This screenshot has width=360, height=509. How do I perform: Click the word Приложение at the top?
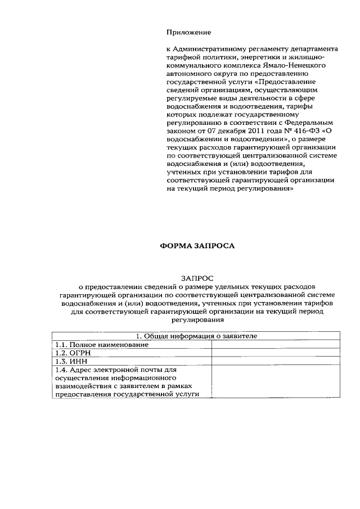point(188,32)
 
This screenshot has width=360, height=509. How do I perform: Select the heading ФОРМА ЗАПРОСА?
point(196,246)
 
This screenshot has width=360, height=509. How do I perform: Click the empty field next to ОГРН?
point(275,353)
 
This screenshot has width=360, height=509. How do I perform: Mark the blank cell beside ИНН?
point(275,361)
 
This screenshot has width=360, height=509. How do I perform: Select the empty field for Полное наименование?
point(275,344)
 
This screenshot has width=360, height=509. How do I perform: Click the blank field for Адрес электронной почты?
point(275,382)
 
